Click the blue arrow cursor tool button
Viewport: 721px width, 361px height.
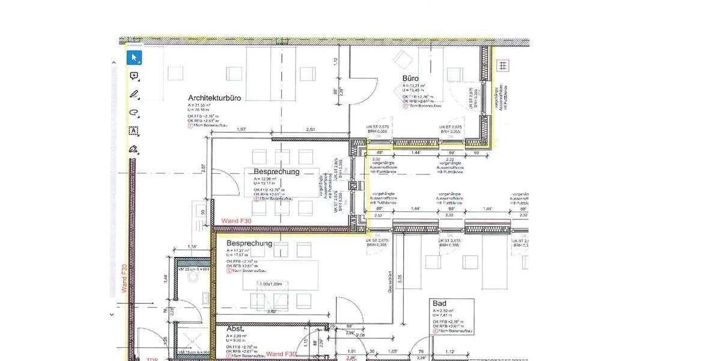[134, 58]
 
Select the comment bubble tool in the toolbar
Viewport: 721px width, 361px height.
[134, 76]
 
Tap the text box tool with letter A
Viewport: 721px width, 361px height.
[134, 131]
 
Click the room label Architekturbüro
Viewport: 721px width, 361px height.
[214, 97]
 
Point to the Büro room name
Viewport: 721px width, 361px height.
[410, 78]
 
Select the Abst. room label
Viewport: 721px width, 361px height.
[235, 330]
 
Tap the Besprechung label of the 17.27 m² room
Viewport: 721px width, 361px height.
[249, 244]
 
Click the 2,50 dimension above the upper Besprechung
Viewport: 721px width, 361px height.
[311, 129]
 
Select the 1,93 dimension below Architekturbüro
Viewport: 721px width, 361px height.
[242, 129]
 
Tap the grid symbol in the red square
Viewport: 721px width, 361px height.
[502, 65]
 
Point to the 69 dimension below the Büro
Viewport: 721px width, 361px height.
[477, 153]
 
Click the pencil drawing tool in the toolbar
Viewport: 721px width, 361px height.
[134, 94]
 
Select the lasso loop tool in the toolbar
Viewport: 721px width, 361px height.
[134, 112]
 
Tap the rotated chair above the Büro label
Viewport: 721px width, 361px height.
[401, 60]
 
